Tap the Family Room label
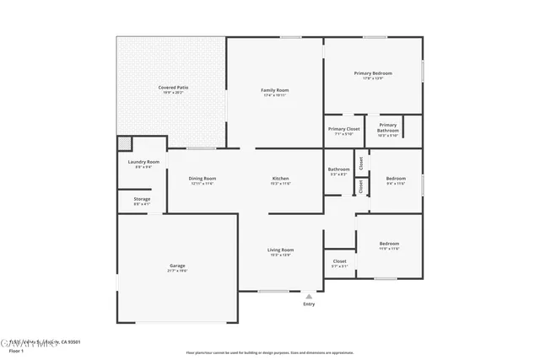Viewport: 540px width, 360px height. tap(274, 90)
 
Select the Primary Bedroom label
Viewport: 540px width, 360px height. tap(372, 74)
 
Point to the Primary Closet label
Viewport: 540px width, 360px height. tap(343, 129)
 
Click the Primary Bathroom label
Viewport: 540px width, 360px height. tap(387, 128)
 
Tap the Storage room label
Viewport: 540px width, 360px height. tap(142, 199)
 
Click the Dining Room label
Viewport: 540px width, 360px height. tap(202, 179)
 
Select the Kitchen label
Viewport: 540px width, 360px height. tap(281, 179)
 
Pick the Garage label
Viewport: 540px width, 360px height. tap(177, 266)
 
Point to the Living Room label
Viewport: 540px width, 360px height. tap(281, 250)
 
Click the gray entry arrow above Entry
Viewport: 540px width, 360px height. tap(309, 296)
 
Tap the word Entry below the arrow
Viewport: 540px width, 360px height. tap(309, 304)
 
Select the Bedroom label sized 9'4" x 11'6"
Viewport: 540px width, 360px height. tap(396, 179)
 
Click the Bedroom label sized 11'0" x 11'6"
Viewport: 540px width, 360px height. tap(389, 244)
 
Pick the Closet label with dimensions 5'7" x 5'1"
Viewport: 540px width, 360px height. tap(339, 261)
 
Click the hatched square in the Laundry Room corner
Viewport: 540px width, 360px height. tap(124, 143)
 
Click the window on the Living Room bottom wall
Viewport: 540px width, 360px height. tap(273, 292)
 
